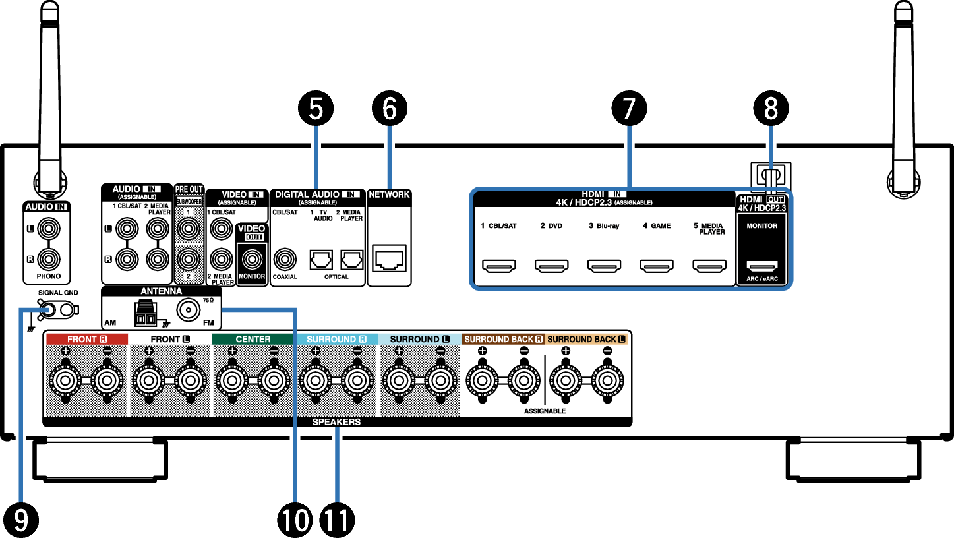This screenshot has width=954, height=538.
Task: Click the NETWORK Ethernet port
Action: click(x=389, y=258)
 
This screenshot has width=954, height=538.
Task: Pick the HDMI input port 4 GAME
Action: click(x=656, y=266)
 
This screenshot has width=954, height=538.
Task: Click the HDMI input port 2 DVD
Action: click(x=551, y=266)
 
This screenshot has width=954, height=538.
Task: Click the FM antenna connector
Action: click(x=188, y=309)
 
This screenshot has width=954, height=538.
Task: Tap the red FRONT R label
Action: click(x=86, y=339)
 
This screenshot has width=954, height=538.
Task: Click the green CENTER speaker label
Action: click(x=253, y=339)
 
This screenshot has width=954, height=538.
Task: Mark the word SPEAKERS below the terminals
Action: click(x=337, y=422)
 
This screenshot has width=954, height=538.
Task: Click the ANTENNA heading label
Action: click(x=161, y=291)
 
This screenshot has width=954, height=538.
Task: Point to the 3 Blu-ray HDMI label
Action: click(x=604, y=226)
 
